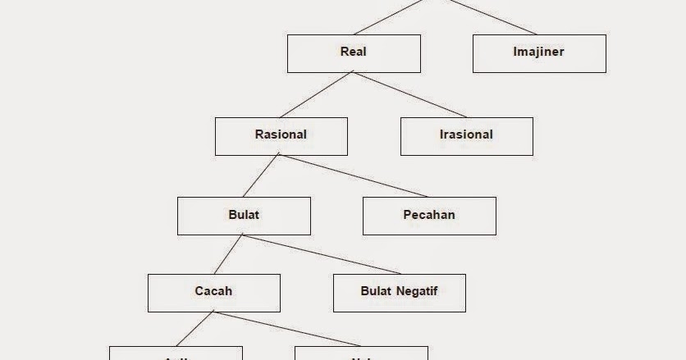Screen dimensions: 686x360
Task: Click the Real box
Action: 353,52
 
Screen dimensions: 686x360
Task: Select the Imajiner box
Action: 539,52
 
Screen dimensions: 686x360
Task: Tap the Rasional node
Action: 281,135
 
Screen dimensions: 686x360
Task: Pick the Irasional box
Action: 466,135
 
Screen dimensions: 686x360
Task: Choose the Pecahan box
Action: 429,216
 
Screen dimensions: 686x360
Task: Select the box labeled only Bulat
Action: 244,216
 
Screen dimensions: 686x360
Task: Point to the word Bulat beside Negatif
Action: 377,291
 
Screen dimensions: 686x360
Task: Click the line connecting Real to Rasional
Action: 318,95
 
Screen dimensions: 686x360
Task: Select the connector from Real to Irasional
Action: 410,95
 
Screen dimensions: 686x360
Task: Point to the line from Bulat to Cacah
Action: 228,254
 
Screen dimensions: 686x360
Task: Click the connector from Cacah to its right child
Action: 287,329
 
